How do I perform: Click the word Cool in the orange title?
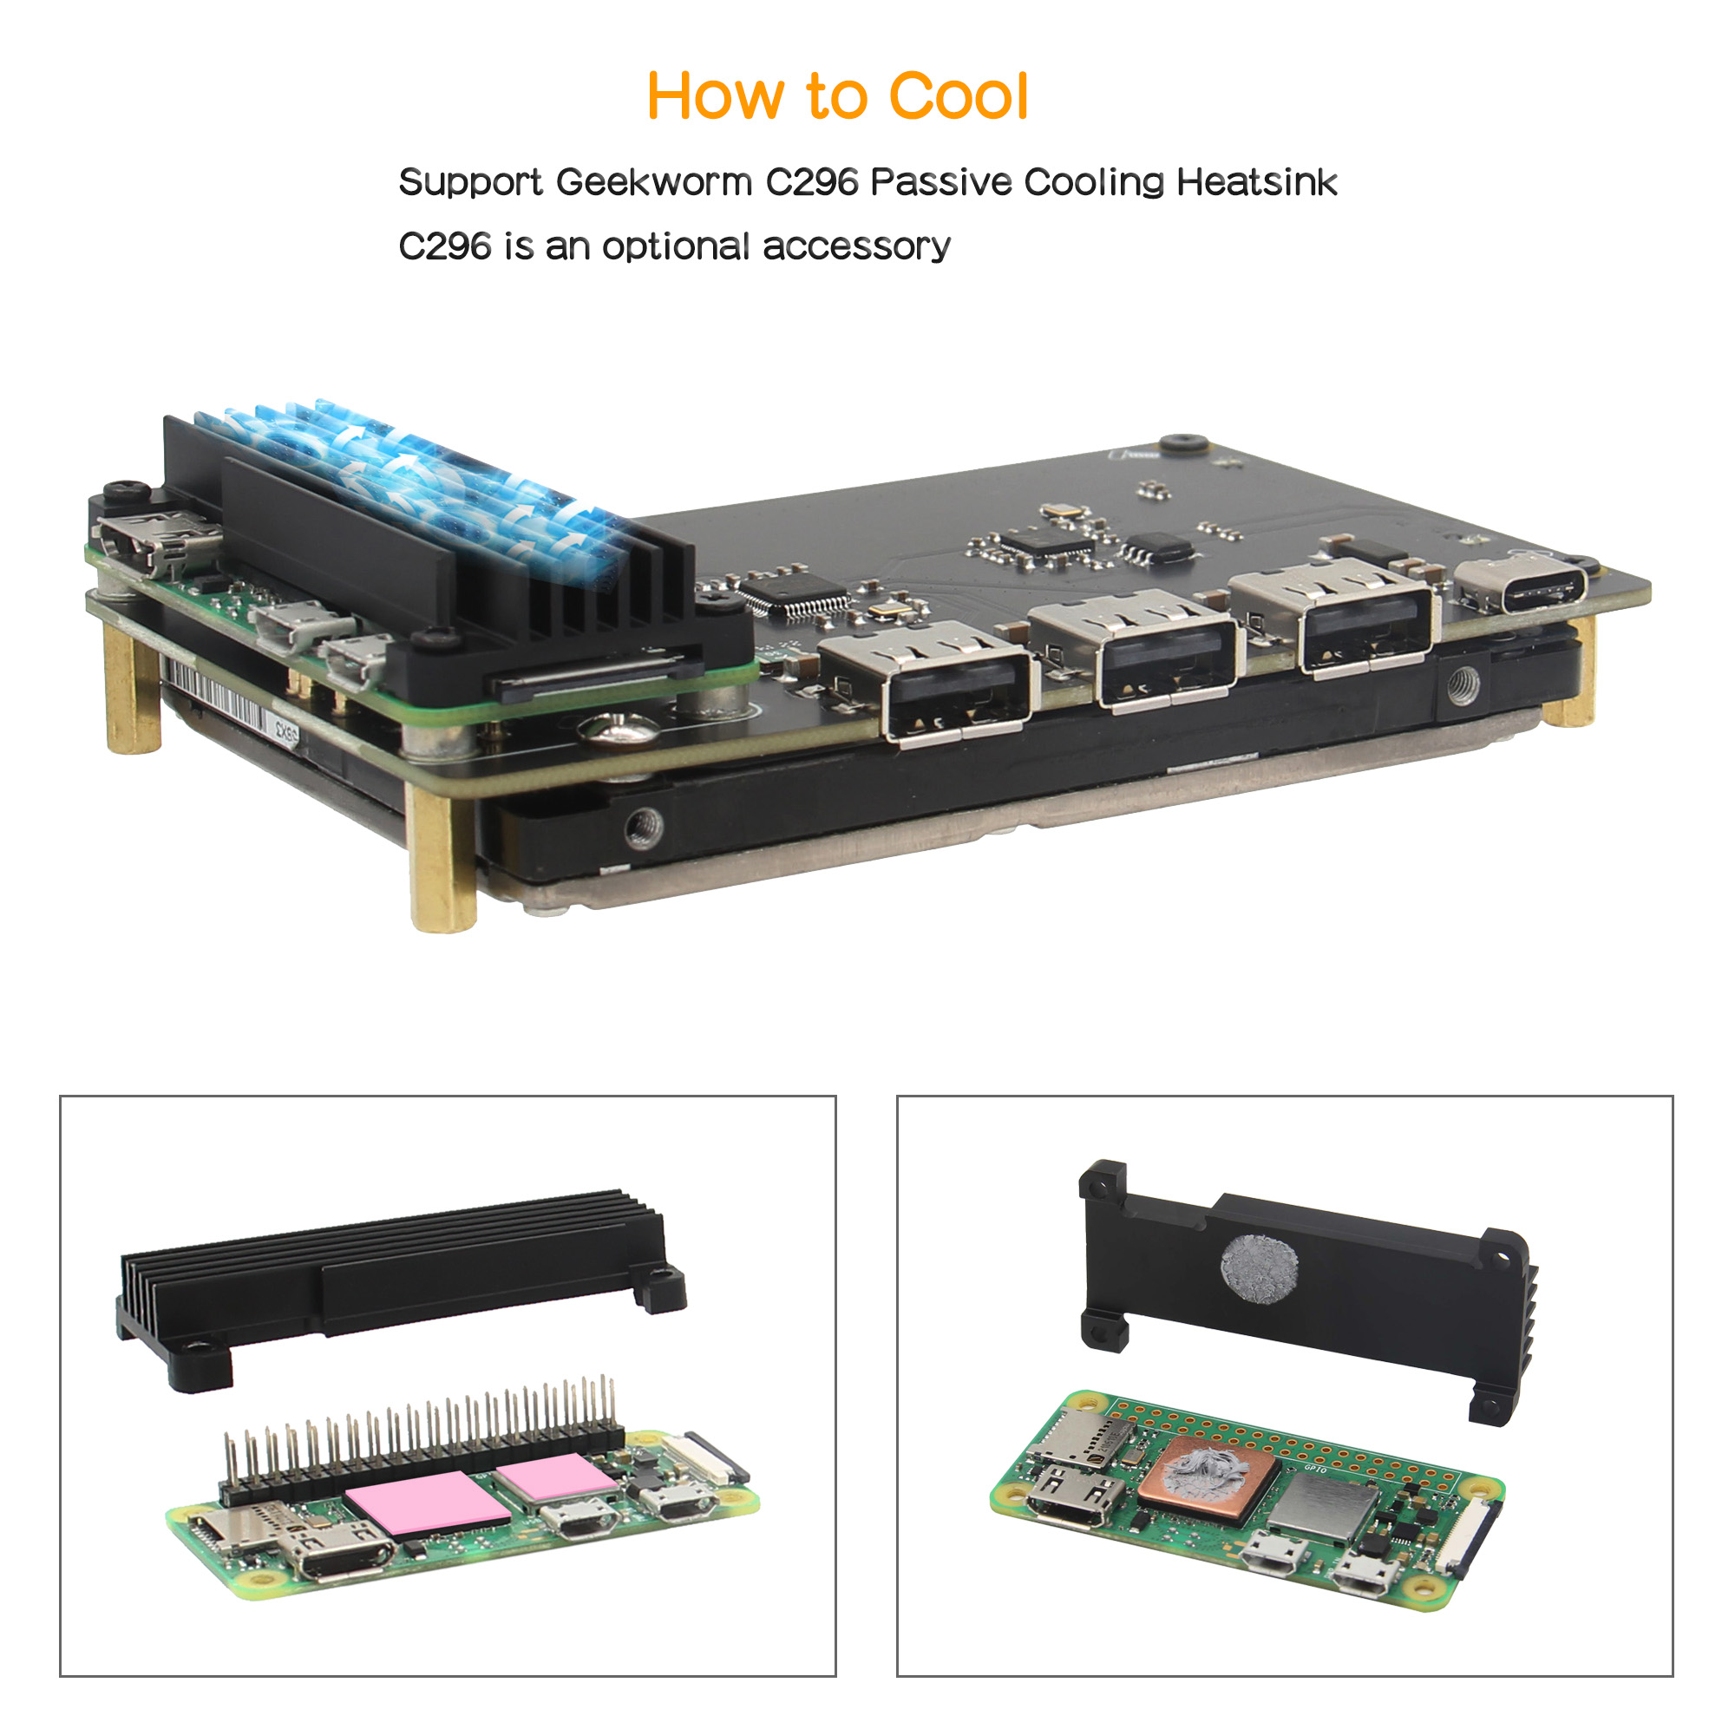tap(959, 96)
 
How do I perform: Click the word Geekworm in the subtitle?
tap(654, 182)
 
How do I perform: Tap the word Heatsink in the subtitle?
tap(1257, 182)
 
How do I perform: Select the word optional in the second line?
tap(675, 247)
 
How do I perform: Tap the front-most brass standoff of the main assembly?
tap(442, 858)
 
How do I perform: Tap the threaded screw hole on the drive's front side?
tap(644, 827)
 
